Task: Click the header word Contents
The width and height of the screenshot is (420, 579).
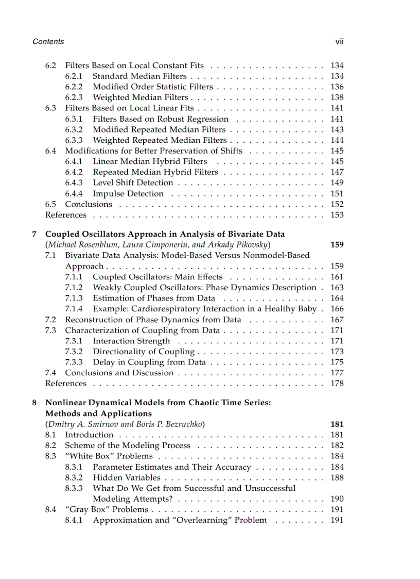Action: [x=48, y=41]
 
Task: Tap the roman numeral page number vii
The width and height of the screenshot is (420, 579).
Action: [x=339, y=41]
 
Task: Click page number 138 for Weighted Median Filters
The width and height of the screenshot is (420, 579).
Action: [x=337, y=97]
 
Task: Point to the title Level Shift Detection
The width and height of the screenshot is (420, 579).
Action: [x=133, y=183]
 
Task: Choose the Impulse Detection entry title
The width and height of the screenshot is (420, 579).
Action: [x=128, y=193]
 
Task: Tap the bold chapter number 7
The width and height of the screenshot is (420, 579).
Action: [x=34, y=234]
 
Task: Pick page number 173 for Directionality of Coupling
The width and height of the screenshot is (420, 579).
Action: [x=337, y=352]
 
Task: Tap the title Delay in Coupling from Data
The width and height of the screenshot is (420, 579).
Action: [x=149, y=362]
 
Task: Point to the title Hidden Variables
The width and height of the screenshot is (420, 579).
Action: [x=127, y=477]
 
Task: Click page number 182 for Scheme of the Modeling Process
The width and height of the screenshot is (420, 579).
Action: [x=337, y=445]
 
